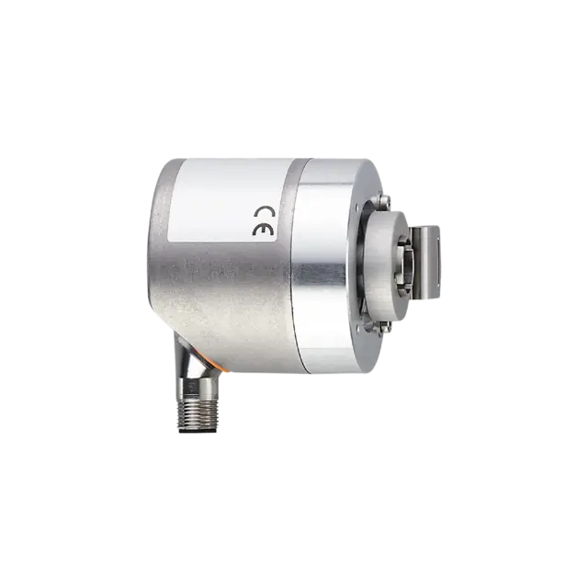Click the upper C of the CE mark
[264, 211]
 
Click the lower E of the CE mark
[263, 230]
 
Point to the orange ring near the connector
[214, 363]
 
